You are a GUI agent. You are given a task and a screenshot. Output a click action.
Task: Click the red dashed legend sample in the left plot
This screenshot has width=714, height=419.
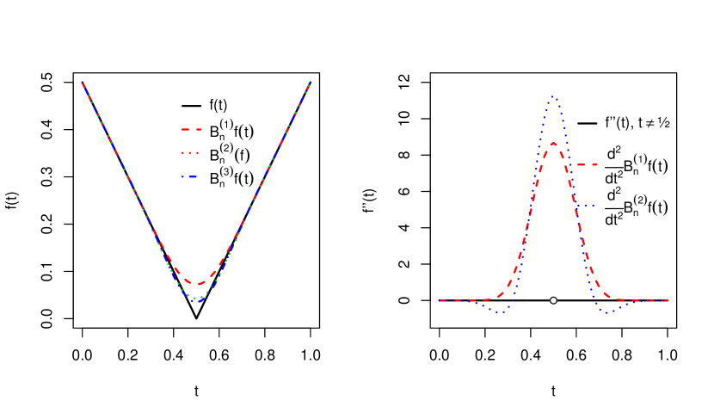(191, 129)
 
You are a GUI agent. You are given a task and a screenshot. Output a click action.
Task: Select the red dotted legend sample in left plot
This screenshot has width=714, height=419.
(190, 153)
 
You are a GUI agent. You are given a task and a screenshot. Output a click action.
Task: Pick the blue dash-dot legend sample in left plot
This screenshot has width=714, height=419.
(190, 177)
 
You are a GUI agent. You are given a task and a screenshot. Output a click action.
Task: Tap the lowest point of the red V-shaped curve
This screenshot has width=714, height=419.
(197, 284)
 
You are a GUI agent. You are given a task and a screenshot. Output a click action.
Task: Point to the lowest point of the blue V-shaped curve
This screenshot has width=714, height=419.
(197, 300)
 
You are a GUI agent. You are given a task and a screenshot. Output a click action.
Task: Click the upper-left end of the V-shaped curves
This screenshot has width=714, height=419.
(83, 83)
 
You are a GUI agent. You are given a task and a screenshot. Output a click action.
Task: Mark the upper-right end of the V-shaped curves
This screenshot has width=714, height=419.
(310, 83)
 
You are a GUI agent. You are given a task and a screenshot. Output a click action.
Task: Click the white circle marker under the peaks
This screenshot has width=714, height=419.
(553, 300)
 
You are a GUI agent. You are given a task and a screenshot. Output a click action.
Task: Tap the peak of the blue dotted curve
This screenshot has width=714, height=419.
(553, 97)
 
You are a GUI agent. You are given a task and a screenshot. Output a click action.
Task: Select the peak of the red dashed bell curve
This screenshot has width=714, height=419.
(553, 144)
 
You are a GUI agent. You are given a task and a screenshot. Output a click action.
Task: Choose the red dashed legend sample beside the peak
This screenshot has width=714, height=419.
(587, 164)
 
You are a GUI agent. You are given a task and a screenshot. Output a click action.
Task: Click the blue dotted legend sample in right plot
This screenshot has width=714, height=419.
(587, 206)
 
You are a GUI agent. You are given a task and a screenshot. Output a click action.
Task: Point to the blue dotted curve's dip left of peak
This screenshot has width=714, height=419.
(498, 311)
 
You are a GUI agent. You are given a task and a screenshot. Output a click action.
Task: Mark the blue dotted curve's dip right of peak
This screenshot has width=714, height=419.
(608, 311)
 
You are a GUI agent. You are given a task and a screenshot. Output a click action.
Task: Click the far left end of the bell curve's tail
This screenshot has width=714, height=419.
(440, 300)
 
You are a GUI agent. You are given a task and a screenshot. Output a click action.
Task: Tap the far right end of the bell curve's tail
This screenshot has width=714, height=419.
(668, 300)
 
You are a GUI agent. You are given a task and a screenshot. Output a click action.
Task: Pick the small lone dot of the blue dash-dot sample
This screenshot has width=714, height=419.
(183, 177)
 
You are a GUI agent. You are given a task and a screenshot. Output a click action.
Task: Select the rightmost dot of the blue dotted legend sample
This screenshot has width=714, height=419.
(594, 206)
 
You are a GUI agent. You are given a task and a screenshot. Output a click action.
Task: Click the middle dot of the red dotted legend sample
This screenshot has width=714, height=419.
(190, 153)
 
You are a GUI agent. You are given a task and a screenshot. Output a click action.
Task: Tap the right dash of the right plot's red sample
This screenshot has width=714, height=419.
(594, 164)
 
